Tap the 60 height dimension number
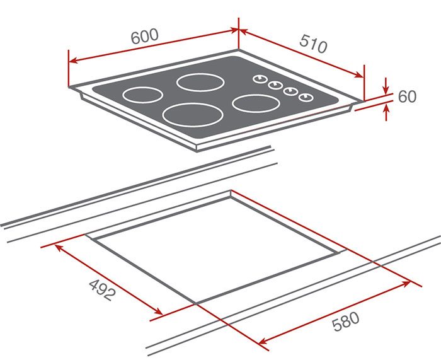(408, 96)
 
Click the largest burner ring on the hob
(187, 114)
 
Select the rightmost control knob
(306, 97)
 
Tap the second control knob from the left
(275, 85)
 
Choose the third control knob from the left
(290, 91)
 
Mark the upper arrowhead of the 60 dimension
(386, 90)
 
